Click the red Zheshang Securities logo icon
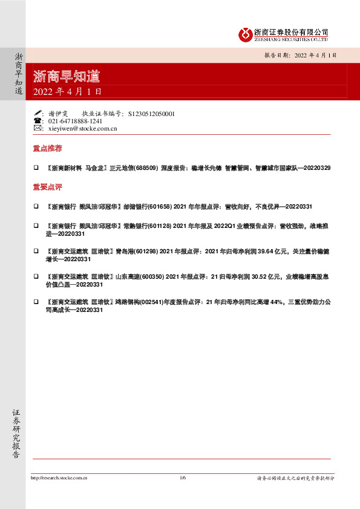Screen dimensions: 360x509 click(x=245, y=34)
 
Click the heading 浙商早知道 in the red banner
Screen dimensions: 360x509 click(x=66, y=77)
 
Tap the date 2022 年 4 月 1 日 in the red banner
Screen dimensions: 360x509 click(x=67, y=92)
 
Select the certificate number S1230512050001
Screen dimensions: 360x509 click(x=152, y=113)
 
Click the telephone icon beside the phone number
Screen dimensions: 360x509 click(x=38, y=121)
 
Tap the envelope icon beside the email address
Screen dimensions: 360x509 click(x=38, y=129)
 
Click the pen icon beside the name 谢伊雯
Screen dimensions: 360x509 click(x=38, y=113)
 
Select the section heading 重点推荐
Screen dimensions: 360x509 click(x=47, y=148)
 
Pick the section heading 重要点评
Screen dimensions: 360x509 click(x=47, y=187)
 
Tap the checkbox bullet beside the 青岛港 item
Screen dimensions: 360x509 click(x=36, y=250)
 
